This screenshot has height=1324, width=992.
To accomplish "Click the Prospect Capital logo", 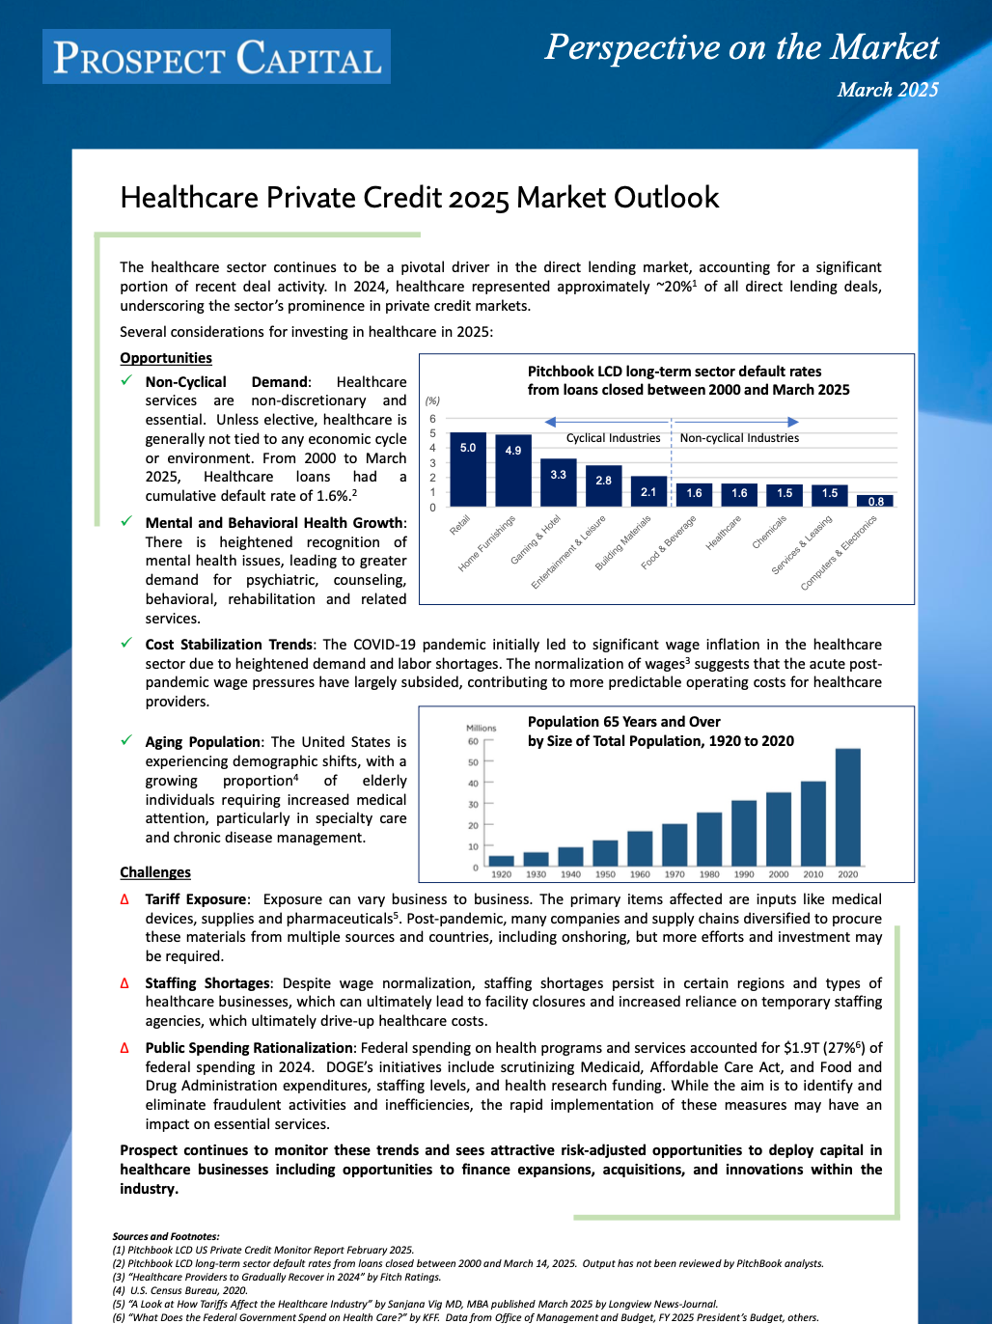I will coord(216,57).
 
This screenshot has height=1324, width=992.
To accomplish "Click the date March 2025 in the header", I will coord(887,90).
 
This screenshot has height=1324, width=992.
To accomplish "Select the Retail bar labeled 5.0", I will coord(468,470).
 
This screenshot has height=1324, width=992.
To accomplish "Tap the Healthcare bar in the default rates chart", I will coord(739,494).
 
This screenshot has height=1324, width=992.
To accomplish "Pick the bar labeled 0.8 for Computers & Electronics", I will coord(875,501).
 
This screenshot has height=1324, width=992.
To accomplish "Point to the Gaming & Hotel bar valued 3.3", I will coord(559,483).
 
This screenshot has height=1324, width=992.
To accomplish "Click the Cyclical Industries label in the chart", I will coord(613,438).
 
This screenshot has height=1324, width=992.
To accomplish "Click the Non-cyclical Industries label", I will coord(739,438).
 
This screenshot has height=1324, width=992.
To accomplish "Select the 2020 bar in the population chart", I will coord(847,807).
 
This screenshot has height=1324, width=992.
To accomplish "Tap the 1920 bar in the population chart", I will coord(501,861).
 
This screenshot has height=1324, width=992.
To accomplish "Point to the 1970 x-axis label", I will coord(675,874).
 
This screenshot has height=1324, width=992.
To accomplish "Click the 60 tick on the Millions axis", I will coord(473,741).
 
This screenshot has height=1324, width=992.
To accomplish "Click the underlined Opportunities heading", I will coord(166,358).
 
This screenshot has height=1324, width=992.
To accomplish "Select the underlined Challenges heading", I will coord(155,872).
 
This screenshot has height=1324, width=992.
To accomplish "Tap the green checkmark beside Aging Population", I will coord(126,741).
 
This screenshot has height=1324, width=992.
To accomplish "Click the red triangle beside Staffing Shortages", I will coord(124,983).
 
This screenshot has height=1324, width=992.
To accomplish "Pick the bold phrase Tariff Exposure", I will coord(197,899).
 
